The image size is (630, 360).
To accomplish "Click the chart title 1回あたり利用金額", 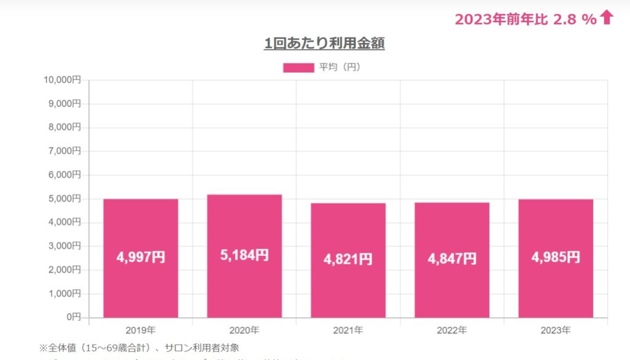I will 324,43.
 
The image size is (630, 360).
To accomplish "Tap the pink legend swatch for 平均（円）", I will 298,68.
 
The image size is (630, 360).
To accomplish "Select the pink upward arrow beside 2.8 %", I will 607,18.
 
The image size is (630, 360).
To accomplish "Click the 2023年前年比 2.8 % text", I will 525,19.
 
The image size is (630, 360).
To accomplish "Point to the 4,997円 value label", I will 141,257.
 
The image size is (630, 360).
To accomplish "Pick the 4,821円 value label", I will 348,259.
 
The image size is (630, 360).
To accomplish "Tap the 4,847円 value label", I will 452,258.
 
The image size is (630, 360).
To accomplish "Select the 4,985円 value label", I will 556,257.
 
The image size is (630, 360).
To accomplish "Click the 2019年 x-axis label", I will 140,330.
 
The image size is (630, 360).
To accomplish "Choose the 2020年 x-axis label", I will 244,330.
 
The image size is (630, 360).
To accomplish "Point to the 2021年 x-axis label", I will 348,330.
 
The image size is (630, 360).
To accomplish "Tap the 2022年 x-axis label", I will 452,330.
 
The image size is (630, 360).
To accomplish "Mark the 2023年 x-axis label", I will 556,330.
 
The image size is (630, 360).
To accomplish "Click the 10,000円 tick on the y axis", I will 62,80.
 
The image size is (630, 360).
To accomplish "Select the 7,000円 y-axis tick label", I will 65,151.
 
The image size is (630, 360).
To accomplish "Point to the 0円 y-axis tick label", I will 73,317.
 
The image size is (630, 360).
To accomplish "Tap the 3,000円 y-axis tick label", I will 65,246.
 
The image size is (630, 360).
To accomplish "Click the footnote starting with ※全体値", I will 139,348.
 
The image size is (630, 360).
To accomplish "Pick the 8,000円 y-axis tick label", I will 65,127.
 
